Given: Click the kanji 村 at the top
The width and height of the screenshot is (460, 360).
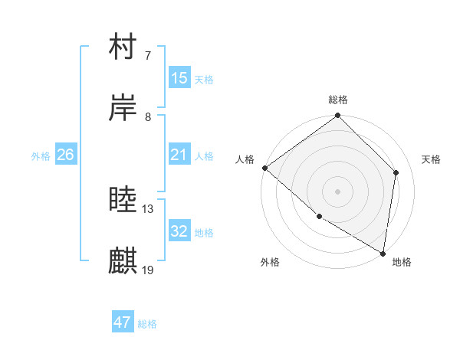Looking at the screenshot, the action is click(123, 47).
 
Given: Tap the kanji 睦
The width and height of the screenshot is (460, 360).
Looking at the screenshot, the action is click(123, 201).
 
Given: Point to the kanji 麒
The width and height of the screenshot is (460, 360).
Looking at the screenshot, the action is click(123, 261).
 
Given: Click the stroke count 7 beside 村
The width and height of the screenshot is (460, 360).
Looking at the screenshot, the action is click(148, 56).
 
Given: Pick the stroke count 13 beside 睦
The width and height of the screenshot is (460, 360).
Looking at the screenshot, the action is click(148, 208).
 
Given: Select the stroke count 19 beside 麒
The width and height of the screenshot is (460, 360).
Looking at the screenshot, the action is click(148, 270).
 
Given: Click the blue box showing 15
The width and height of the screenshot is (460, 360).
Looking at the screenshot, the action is click(179, 78).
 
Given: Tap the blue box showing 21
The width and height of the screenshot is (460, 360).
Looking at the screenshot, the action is click(179, 155).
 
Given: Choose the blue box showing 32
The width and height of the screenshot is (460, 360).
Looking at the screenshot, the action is click(179, 231).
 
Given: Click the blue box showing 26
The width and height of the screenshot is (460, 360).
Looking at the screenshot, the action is click(65, 155).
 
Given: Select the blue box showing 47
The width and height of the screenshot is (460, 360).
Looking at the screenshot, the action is click(123, 322).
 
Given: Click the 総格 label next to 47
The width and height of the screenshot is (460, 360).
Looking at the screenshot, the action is click(147, 324).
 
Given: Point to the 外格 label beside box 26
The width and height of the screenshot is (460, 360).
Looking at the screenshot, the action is click(41, 156).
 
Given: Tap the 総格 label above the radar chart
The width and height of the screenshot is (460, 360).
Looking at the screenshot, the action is click(338, 100).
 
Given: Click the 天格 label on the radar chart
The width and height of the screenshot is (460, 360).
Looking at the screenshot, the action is click(432, 159).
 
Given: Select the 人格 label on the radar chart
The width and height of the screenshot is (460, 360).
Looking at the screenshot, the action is click(245, 159).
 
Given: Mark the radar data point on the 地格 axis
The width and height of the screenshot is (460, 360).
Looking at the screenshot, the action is click(383, 253).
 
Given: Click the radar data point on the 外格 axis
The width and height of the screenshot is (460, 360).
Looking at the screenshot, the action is click(319, 217).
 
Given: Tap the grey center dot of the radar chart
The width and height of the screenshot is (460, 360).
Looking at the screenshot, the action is click(338, 191).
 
